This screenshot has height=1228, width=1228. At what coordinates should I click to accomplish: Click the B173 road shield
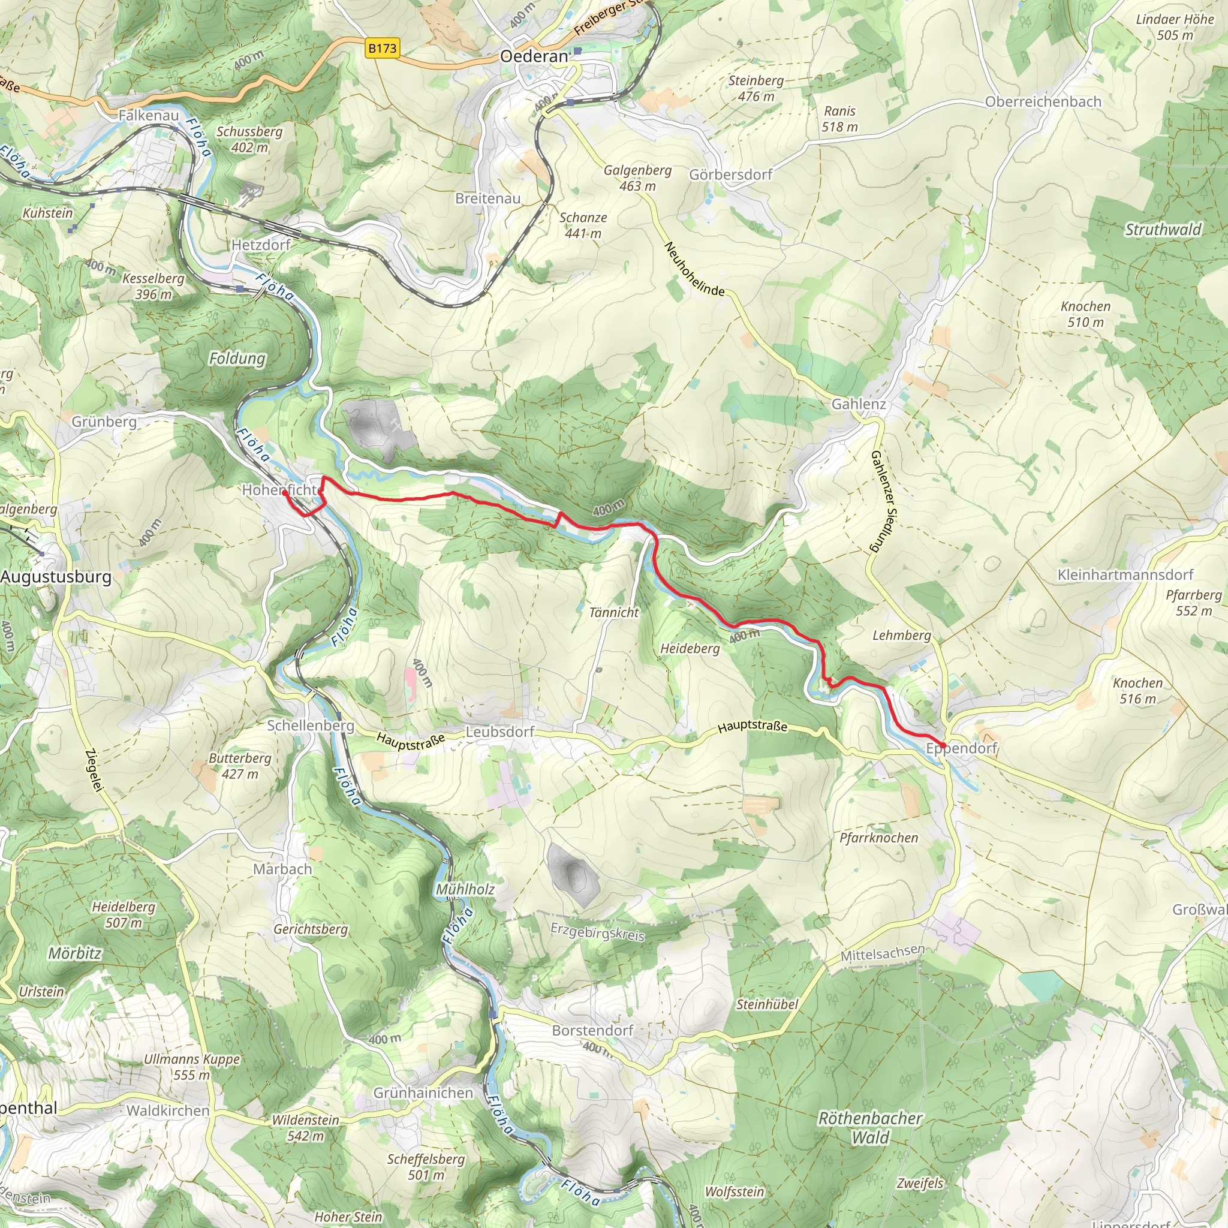[382, 49]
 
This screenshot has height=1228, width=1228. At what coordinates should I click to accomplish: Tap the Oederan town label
[534, 56]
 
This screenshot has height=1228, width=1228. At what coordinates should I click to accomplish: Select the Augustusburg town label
[56, 577]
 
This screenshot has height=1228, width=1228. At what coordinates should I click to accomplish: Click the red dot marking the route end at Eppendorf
[943, 745]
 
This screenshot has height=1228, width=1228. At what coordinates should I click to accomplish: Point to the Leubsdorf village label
[500, 732]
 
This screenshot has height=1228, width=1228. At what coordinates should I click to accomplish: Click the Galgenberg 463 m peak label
[637, 178]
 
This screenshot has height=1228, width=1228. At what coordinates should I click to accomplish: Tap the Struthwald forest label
[1163, 230]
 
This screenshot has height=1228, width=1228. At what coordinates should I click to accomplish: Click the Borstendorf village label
[592, 1030]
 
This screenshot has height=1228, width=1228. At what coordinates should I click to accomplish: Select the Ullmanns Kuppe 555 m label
[192, 1067]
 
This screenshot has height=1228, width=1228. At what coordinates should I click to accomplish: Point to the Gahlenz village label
[859, 404]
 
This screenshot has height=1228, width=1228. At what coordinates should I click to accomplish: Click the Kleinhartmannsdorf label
[1125, 574]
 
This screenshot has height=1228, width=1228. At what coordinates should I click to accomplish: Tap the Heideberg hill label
[690, 649]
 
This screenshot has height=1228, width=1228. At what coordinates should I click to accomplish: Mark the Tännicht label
[613, 613]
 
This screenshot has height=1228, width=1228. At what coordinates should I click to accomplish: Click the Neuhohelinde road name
[694, 269]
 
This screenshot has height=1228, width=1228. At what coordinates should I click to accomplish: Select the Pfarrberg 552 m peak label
[1194, 603]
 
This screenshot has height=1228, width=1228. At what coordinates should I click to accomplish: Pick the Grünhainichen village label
[423, 1092]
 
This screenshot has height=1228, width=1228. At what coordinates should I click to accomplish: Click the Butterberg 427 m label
[240, 766]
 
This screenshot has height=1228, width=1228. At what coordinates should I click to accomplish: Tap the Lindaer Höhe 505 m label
[1175, 28]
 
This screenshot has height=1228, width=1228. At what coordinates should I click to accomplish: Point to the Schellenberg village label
[310, 726]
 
